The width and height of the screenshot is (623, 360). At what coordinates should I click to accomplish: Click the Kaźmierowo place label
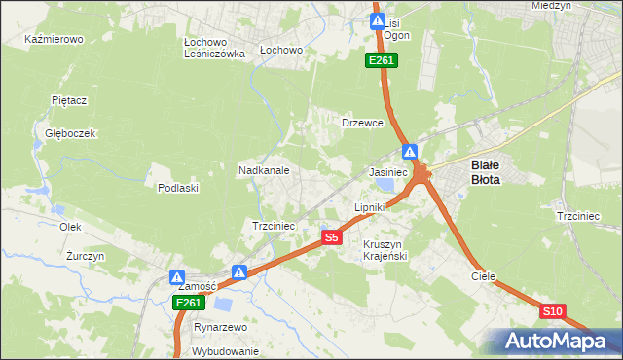55,40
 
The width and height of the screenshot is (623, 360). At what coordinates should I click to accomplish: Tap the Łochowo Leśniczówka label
214,49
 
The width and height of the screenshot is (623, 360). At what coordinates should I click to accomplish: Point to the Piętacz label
70,99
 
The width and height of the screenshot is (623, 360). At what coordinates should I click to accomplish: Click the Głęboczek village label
62,133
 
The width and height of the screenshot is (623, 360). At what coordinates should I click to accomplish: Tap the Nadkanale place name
264,170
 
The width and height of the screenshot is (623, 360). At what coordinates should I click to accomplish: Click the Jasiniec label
387,171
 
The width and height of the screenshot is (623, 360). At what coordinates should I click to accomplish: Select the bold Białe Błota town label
486,172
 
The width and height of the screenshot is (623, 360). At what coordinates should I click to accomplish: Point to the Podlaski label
178,188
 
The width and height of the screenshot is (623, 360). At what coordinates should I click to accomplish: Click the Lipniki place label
370,207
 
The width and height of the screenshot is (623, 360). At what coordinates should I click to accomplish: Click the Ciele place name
484,276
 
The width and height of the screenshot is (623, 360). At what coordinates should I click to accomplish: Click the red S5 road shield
332,237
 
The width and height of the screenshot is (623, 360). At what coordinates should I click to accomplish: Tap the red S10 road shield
553,311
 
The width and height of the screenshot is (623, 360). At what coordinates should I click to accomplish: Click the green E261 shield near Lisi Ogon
381,61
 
